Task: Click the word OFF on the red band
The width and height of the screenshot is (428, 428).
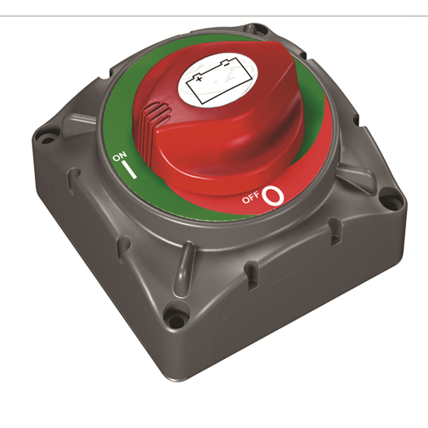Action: click(x=251, y=198)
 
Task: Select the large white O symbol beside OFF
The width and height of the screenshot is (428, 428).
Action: click(x=273, y=196)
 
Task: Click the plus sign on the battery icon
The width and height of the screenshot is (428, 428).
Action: click(x=198, y=79)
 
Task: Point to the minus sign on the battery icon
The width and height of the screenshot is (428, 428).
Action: click(x=226, y=64)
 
